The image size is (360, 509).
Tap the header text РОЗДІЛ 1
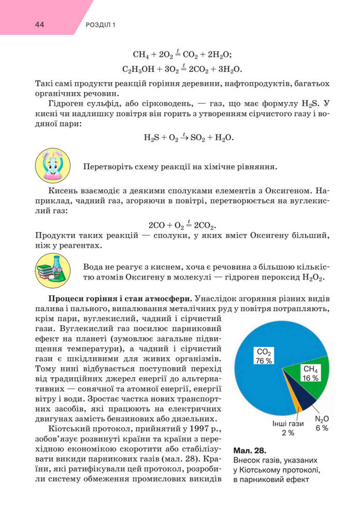tap(100, 25)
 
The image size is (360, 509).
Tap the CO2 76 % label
tap(264, 356)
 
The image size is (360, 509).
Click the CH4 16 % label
tap(310, 373)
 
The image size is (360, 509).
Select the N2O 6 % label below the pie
tap(322, 424)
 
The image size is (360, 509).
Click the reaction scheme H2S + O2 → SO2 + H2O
tap(189, 138)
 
